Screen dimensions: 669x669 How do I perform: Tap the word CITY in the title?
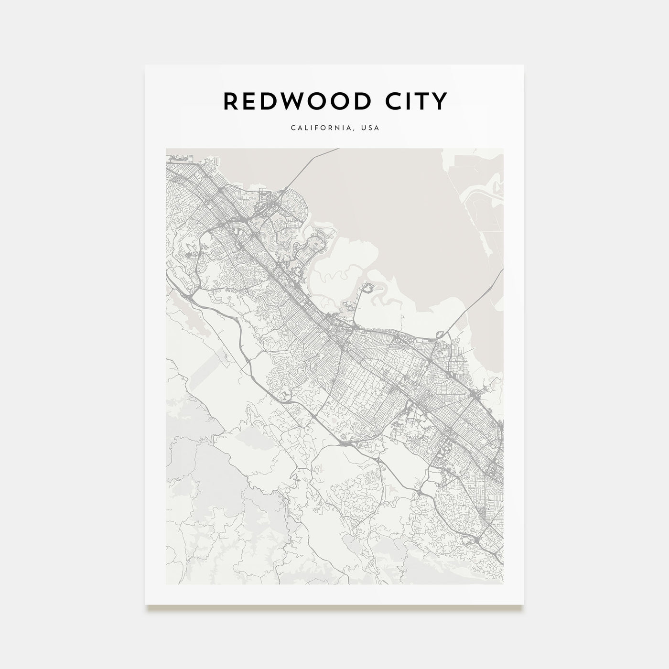(x=418, y=101)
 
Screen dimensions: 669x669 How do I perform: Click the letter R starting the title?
(x=230, y=101)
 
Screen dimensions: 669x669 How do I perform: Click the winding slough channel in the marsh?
(x=334, y=275)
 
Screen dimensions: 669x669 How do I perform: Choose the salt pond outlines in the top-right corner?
(x=483, y=201)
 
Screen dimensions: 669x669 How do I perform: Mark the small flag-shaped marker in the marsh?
(x=404, y=316)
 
